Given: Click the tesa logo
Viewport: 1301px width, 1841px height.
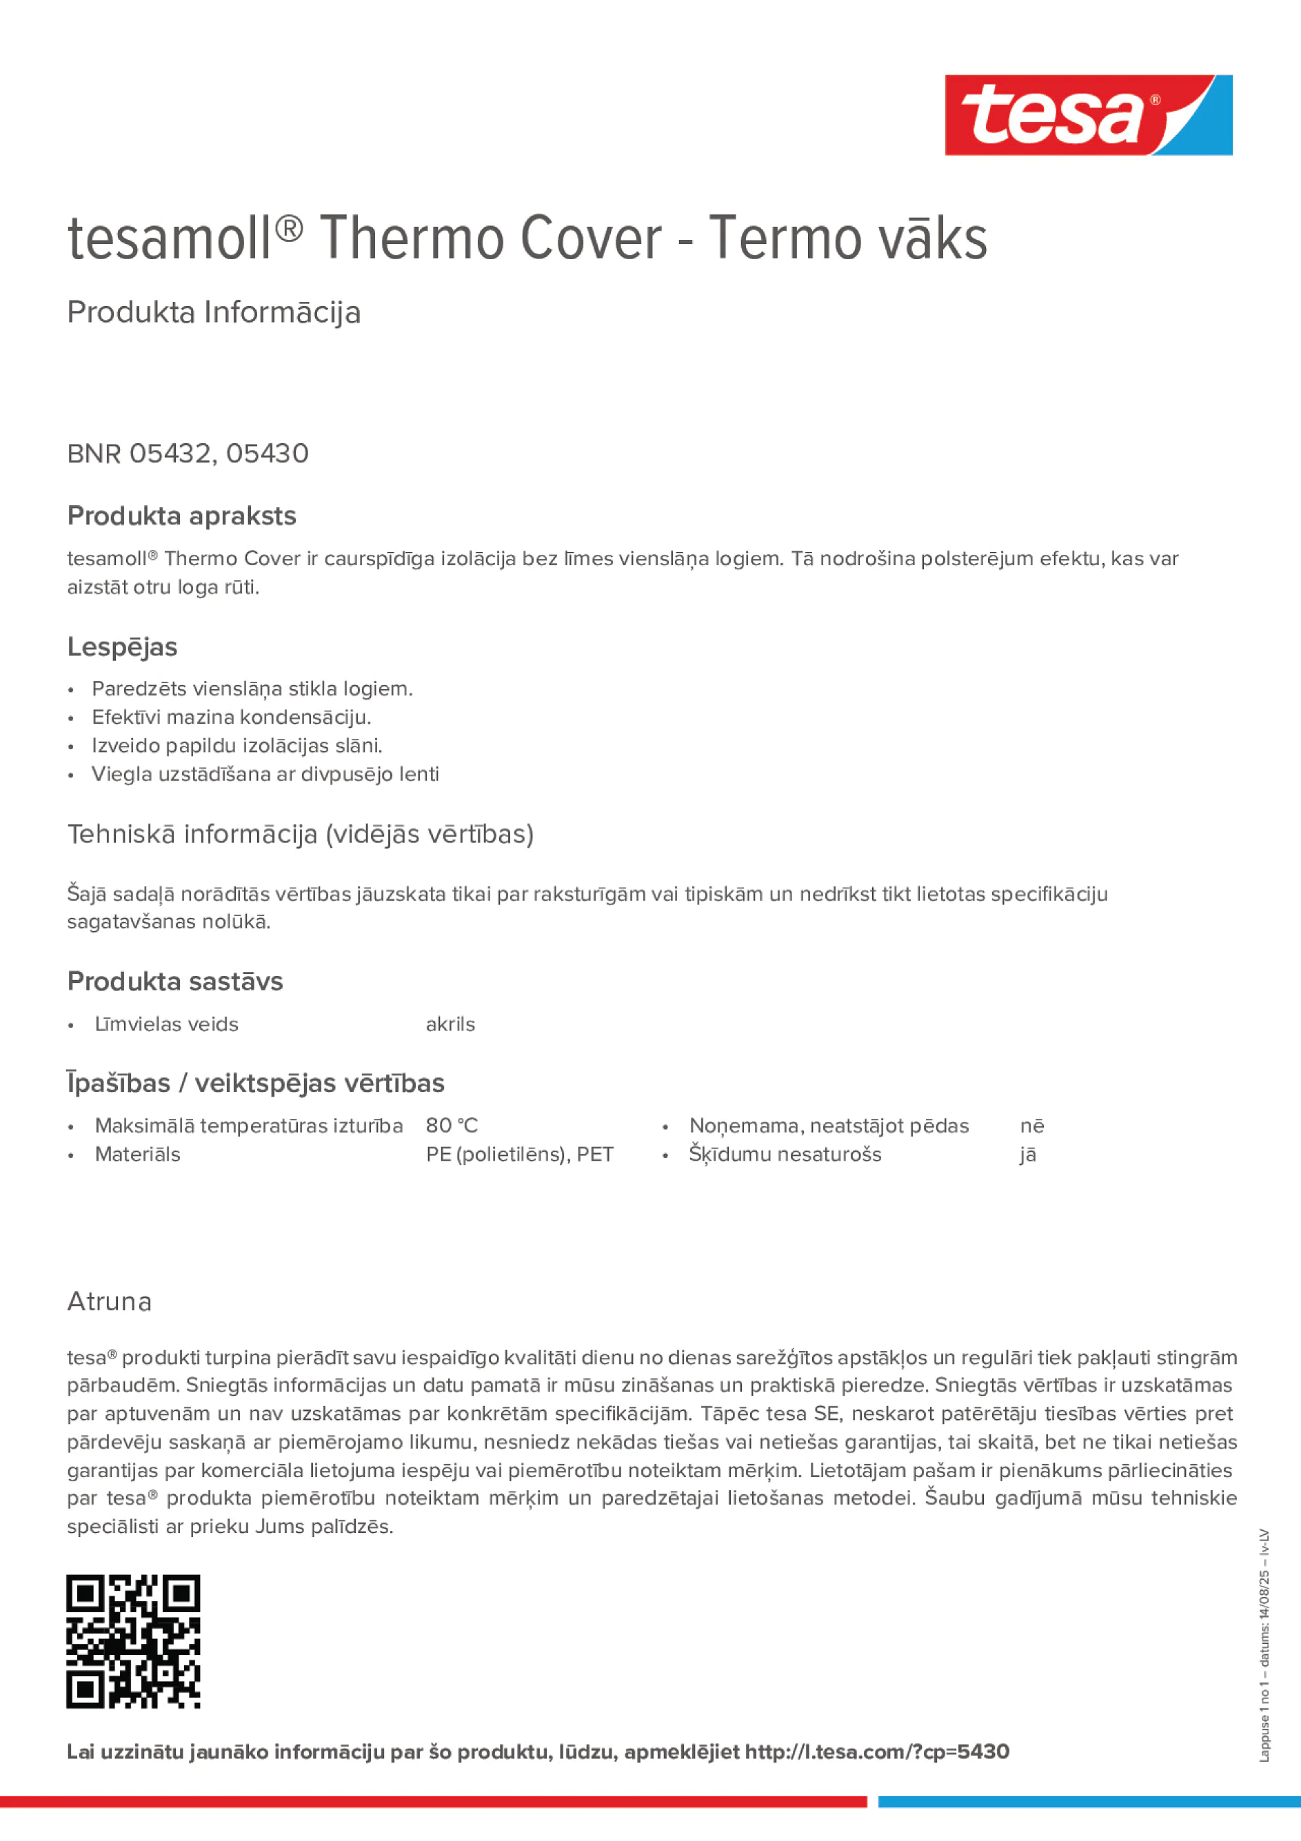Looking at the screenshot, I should click(1088, 116).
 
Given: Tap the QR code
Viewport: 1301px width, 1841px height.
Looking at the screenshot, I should click(133, 1641).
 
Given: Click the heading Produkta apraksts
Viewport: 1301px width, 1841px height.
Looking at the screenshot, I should click(182, 516).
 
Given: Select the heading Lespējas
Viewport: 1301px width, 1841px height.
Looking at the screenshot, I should click(122, 647).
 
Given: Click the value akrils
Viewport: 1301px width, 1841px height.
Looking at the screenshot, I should click(450, 1024).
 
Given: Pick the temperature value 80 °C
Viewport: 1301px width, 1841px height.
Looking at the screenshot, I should click(452, 1126).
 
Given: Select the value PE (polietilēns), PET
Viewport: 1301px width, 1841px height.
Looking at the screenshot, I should click(520, 1155).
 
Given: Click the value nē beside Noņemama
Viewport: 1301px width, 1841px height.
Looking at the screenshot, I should click(1031, 1126).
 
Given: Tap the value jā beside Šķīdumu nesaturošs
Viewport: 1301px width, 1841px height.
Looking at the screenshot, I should click(1027, 1155).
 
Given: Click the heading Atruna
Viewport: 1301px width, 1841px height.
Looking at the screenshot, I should click(110, 1301).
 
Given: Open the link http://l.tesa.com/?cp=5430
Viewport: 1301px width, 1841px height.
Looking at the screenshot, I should click(877, 1752).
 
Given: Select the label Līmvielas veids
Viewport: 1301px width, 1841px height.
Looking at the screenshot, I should click(167, 1024).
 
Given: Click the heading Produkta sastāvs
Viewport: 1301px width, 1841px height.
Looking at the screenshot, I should click(175, 981).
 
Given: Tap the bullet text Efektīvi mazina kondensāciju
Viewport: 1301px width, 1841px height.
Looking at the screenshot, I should click(231, 717).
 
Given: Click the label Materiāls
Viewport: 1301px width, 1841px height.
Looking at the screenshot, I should click(137, 1155).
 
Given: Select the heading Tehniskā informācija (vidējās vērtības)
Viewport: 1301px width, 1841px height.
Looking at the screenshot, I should click(301, 834).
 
